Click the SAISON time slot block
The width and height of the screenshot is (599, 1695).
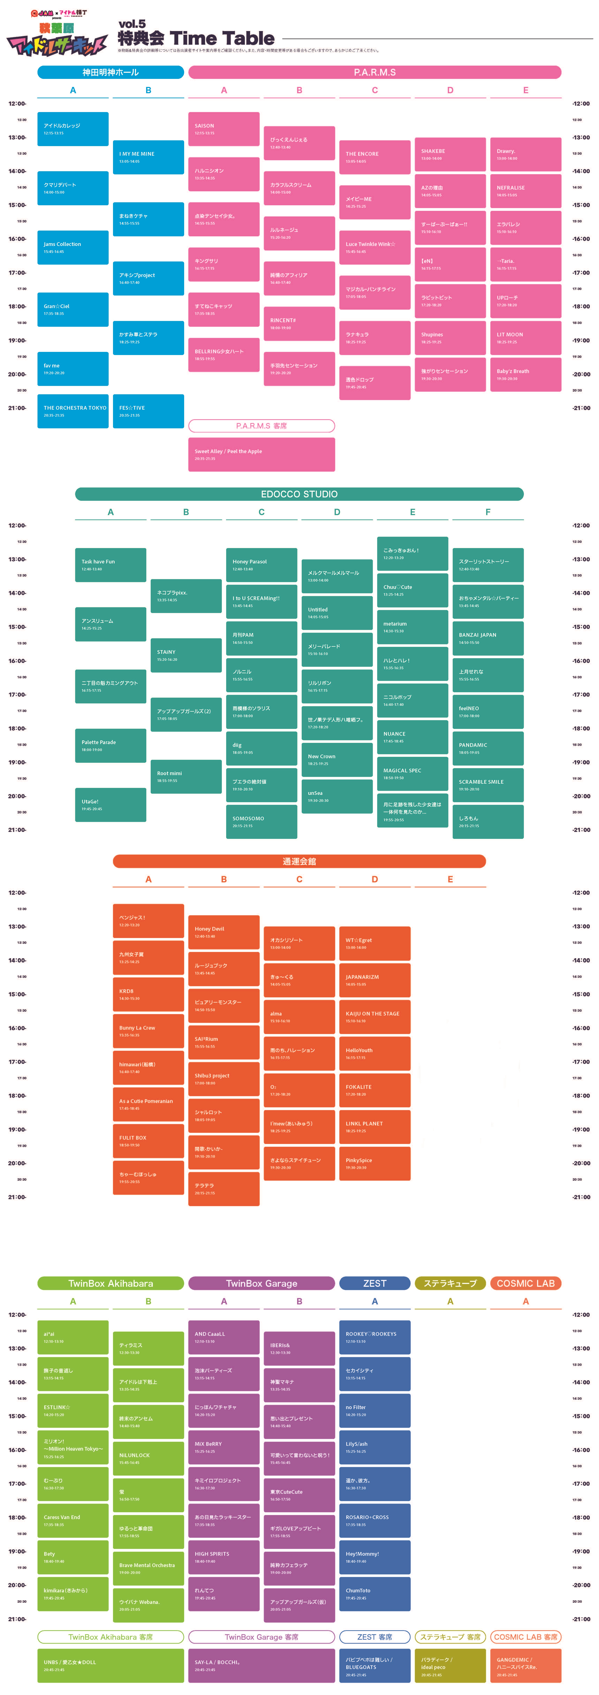point(224,129)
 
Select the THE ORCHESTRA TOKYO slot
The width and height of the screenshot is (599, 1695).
point(73,411)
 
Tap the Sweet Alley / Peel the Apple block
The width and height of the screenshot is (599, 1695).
point(261,454)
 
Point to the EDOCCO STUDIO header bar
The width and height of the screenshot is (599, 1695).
point(299,494)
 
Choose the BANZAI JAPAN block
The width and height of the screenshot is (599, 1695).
point(487,638)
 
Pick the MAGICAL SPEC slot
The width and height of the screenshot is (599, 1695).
point(412,774)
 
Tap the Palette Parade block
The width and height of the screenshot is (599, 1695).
point(110,745)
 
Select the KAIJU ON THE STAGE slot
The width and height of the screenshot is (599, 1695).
point(374,1017)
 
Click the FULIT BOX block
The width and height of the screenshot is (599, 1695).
point(148,1141)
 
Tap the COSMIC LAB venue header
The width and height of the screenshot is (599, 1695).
point(525,1284)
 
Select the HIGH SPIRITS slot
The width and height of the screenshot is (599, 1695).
point(224,1557)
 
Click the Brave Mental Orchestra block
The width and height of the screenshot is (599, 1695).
point(148,1569)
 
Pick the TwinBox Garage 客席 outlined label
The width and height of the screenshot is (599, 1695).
point(261,1637)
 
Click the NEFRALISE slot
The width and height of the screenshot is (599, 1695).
point(525,191)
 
